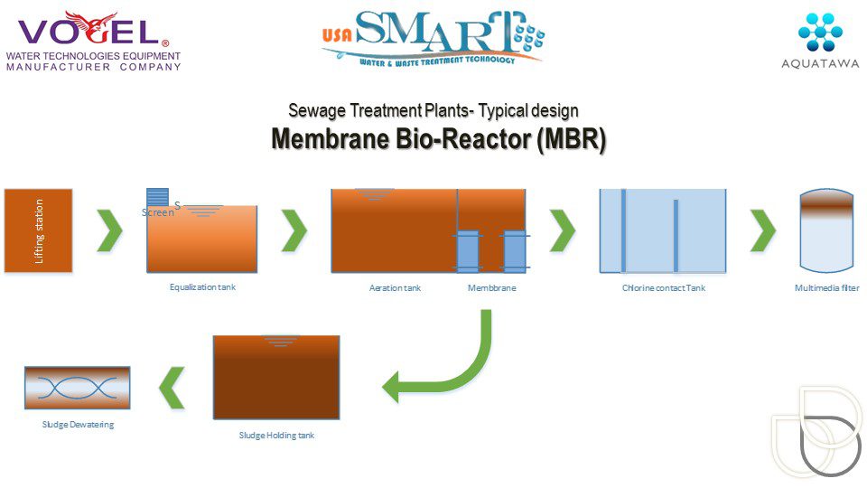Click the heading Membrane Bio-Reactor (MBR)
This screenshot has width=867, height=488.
click(438, 141)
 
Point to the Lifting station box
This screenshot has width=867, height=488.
click(38, 230)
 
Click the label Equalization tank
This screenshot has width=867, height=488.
click(202, 287)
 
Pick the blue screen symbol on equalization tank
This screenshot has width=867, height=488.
click(158, 197)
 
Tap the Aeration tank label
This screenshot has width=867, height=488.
click(395, 288)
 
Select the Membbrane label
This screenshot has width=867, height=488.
click(491, 288)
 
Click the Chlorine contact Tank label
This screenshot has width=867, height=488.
click(663, 288)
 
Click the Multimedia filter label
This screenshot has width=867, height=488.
click(826, 288)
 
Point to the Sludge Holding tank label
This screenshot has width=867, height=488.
click(276, 436)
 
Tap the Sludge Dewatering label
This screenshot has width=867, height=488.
click(78, 425)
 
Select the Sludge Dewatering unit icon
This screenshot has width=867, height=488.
click(77, 388)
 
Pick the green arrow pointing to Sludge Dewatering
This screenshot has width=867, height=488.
click(172, 387)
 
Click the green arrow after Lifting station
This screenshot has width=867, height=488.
click(110, 230)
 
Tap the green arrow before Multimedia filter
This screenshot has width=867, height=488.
click(763, 230)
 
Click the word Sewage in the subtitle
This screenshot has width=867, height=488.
click(318, 111)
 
